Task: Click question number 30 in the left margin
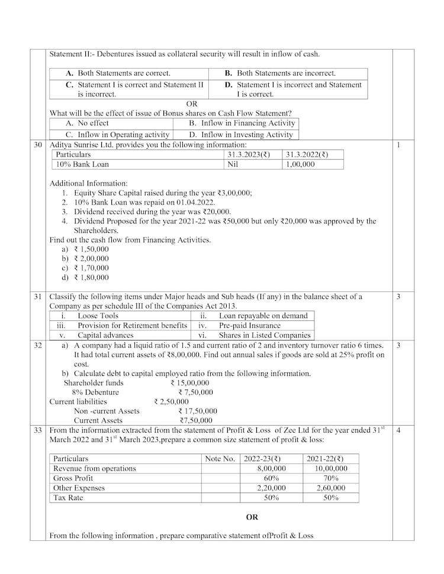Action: [38, 145]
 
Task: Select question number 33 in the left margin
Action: [38, 431]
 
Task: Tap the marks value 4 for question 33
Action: [399, 431]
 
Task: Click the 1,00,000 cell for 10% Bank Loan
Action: [300, 164]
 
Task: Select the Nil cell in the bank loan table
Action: [233, 164]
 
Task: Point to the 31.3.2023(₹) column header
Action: [249, 155]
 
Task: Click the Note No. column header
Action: [220, 459]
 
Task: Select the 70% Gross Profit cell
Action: [332, 478]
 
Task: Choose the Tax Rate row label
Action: [68, 498]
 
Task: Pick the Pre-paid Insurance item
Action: [250, 326]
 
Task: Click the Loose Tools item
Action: [98, 316]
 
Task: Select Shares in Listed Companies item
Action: [264, 335]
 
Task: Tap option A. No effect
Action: [87, 124]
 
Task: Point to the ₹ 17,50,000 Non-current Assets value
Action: [198, 411]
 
